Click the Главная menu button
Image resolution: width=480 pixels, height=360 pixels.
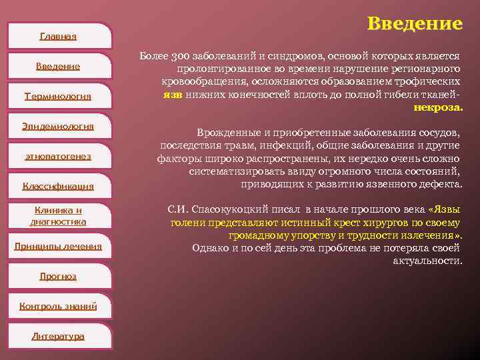point(58,36)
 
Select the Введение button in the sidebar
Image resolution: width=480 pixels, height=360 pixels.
point(58,66)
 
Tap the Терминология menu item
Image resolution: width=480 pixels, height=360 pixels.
point(58,96)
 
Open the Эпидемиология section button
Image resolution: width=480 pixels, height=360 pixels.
point(58,126)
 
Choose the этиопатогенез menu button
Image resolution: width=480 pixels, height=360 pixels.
point(58,156)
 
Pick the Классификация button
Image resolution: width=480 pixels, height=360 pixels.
point(58,186)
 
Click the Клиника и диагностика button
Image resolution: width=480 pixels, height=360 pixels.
point(58,216)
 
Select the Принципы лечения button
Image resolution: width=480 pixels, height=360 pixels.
point(58,246)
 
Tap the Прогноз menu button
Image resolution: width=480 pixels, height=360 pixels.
point(58,276)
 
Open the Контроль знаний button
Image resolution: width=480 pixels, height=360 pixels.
point(58,306)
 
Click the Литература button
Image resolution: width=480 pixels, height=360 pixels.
point(58,336)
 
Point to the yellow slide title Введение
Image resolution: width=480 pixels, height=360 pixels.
point(414,24)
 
